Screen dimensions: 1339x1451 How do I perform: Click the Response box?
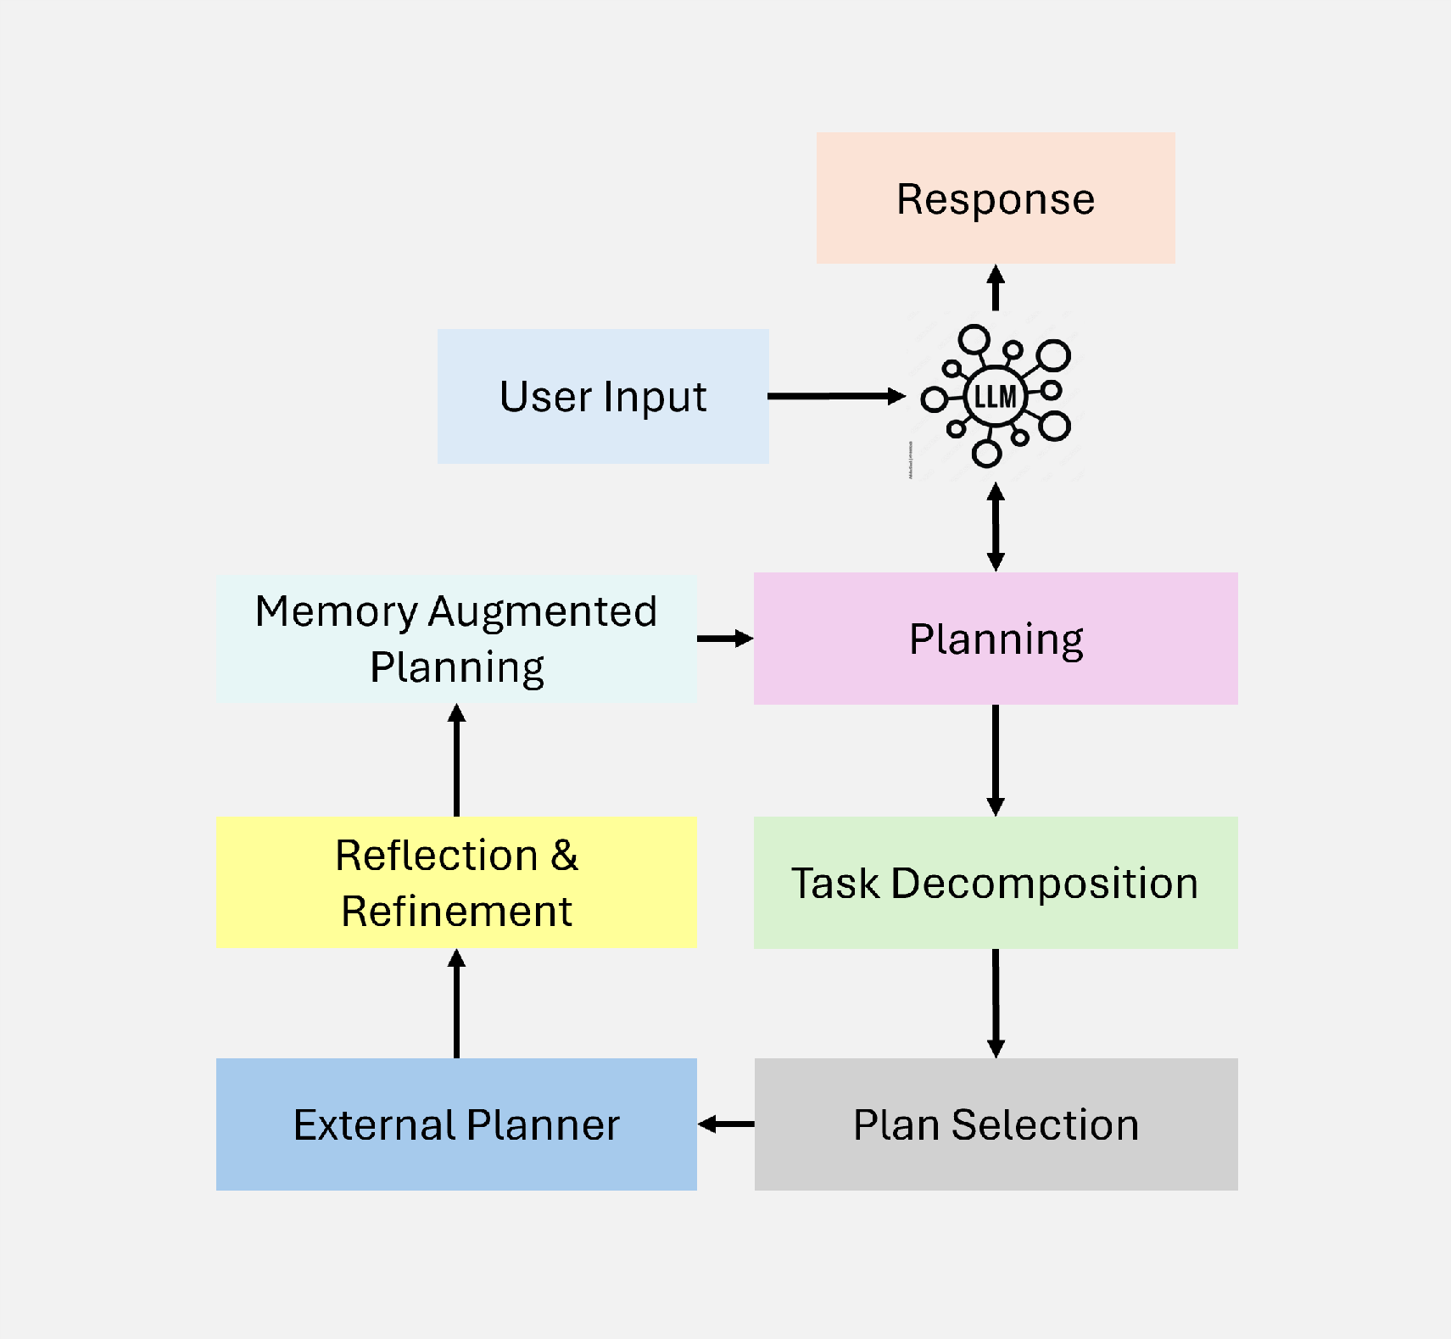pyautogui.click(x=996, y=198)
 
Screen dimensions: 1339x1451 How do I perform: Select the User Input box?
pyautogui.click(x=603, y=396)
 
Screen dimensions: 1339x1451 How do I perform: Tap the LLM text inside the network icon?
pyautogui.click(x=995, y=396)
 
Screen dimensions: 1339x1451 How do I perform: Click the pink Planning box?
pyautogui.click(x=996, y=639)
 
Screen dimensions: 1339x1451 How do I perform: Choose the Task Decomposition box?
pyautogui.click(x=996, y=883)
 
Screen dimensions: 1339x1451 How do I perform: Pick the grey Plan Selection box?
pyautogui.click(x=996, y=1124)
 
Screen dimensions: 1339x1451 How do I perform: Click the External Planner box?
pyautogui.click(x=456, y=1124)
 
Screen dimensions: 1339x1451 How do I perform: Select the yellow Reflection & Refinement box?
pyautogui.click(x=456, y=883)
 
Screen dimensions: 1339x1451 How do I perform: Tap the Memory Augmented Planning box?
pyautogui.click(x=456, y=639)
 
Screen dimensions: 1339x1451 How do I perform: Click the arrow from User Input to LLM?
pyautogui.click(x=835, y=396)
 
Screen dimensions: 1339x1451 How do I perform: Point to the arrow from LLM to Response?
pyautogui.click(x=996, y=289)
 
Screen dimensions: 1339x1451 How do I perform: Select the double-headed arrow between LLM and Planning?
pyautogui.click(x=996, y=527)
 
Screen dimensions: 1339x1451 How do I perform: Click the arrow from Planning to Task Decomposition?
pyautogui.click(x=996, y=760)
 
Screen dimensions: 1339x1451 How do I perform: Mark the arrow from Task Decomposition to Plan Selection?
pyautogui.click(x=996, y=1002)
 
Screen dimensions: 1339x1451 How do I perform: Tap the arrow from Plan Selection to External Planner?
pyautogui.click(x=726, y=1124)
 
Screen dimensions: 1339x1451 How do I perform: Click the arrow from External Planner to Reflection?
pyautogui.click(x=456, y=1003)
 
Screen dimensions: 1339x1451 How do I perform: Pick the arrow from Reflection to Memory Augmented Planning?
pyautogui.click(x=456, y=761)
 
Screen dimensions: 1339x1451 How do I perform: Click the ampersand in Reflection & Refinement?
pyautogui.click(x=564, y=856)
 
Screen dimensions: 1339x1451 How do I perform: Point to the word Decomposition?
pyautogui.click(x=1045, y=884)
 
